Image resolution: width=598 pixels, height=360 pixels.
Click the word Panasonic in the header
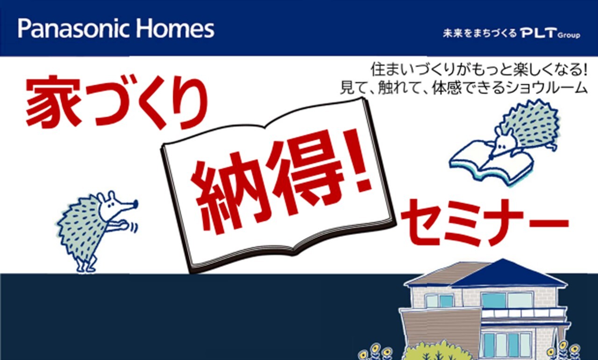[x=74, y=29]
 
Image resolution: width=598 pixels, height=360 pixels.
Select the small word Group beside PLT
[x=569, y=35]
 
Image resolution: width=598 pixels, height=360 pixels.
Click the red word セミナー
[x=484, y=222]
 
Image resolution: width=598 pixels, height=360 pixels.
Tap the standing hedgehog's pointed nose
[x=135, y=204]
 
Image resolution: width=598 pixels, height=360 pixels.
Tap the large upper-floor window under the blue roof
[x=507, y=301]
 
